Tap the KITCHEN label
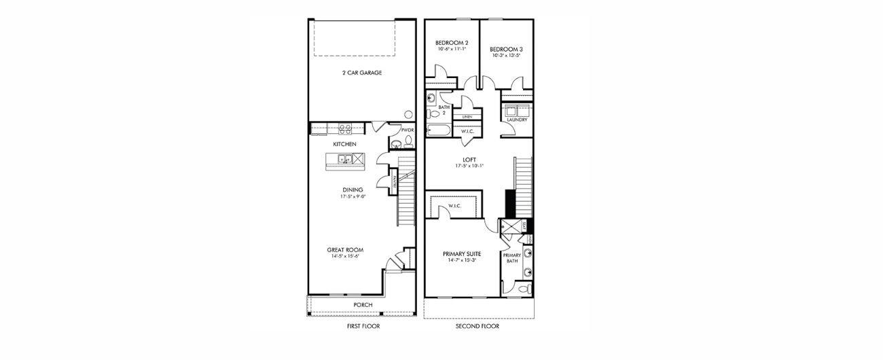point(344,145)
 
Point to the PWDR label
point(408,130)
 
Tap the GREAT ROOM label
point(345,250)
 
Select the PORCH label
point(363,305)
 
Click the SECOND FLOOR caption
point(477,327)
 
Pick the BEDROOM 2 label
point(452,42)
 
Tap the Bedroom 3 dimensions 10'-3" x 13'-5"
point(506,56)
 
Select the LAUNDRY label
point(517,120)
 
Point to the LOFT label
point(469,160)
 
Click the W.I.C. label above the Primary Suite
point(454,206)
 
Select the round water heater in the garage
point(410,115)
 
